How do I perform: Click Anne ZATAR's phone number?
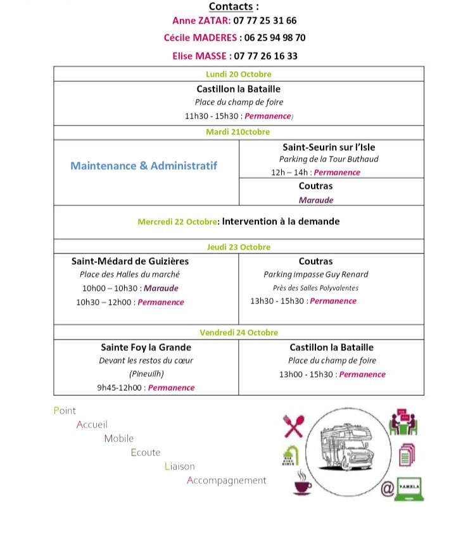[265, 20]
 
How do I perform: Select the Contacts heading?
[234, 6]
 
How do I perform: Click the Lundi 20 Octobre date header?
[239, 74]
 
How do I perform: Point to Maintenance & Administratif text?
[144, 166]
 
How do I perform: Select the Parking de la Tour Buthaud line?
[329, 160]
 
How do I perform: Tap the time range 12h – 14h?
[289, 172]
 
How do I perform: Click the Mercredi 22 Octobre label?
[177, 222]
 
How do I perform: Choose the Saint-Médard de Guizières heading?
[130, 261]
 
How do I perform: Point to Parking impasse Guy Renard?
[315, 274]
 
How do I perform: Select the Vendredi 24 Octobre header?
[239, 333]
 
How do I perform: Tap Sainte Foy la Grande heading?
[146, 347]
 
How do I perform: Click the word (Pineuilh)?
[146, 374]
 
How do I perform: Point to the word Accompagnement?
[227, 480]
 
